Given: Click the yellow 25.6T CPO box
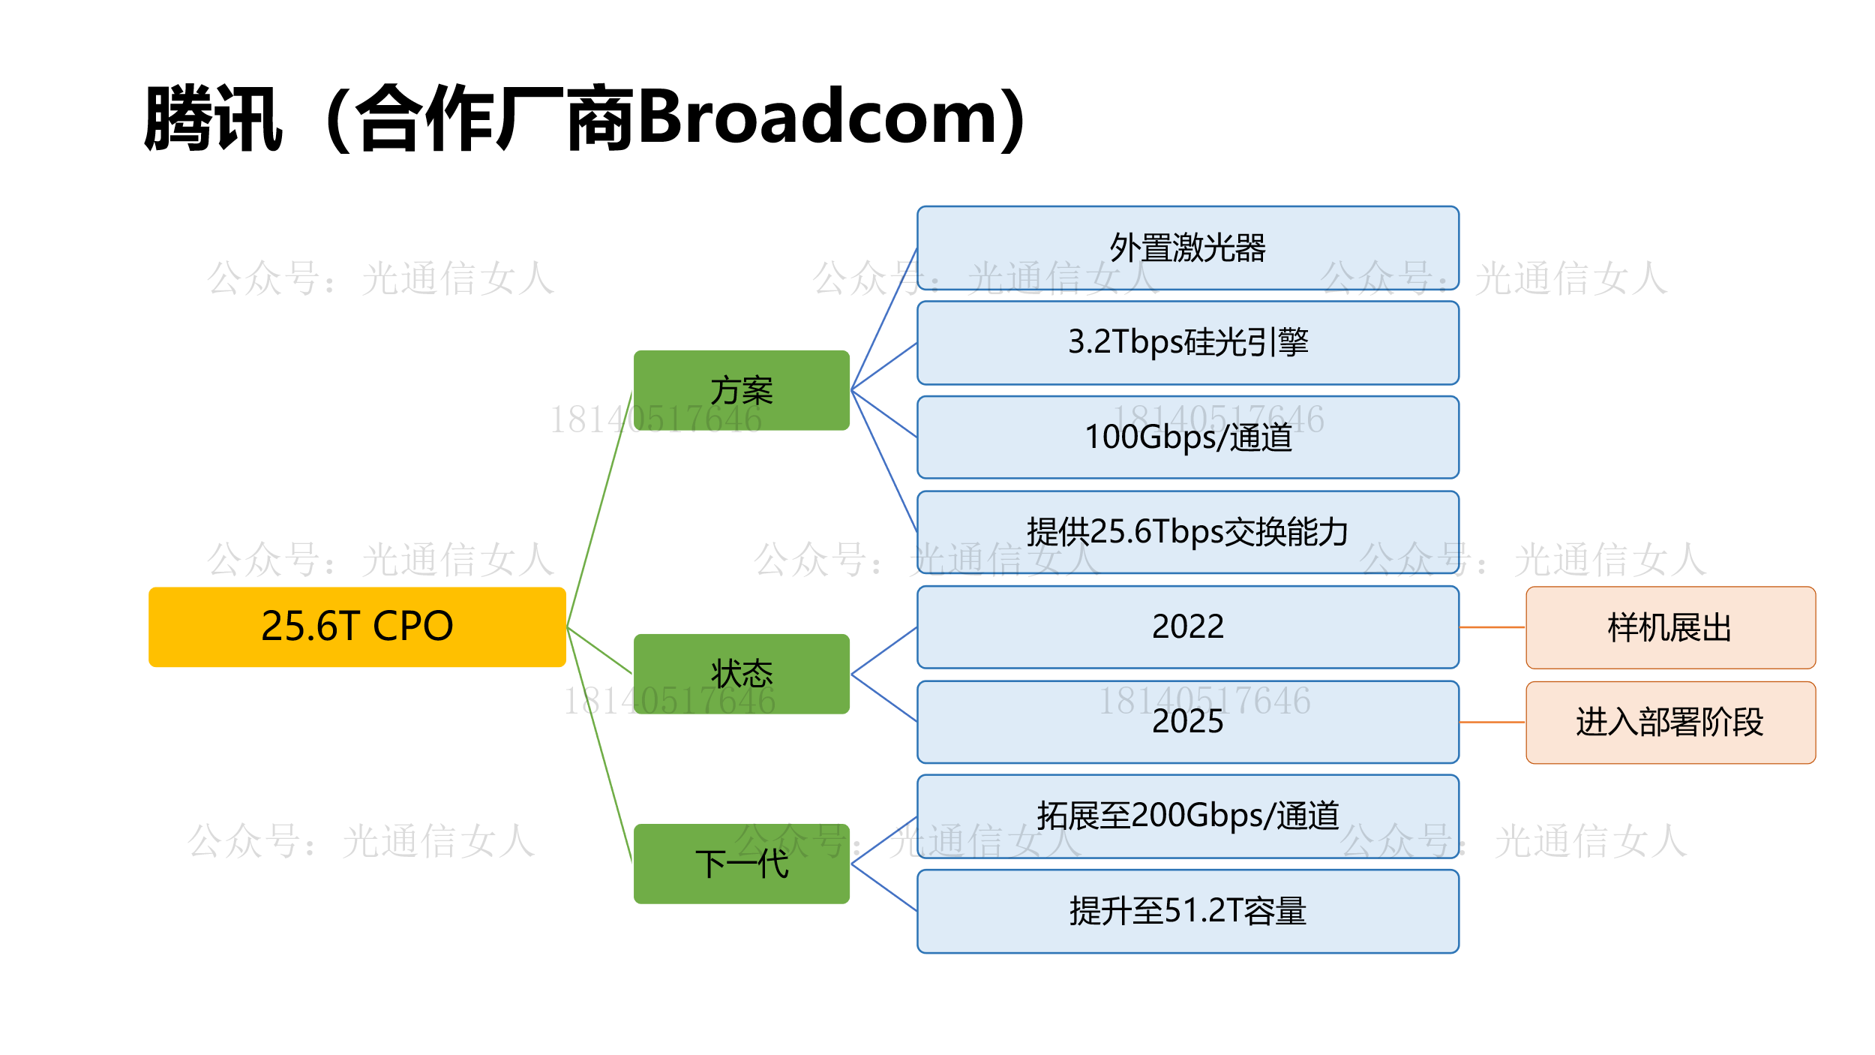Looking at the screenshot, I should tap(357, 627).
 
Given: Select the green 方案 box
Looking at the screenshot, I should tap(741, 390).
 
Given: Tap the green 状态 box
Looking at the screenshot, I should tap(741, 673).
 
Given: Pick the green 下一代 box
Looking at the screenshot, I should tap(741, 863).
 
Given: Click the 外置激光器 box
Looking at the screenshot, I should tap(1187, 248).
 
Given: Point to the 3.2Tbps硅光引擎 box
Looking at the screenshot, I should tap(1187, 342).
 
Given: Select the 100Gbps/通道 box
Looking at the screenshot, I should tap(1187, 437).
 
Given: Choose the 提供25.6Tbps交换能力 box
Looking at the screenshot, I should tap(1187, 531).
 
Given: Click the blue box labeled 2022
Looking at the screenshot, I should tap(1187, 627).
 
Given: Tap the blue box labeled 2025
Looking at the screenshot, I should tap(1187, 721).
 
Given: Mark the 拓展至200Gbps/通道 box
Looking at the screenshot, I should tap(1187, 816).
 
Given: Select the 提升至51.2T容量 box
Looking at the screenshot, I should tap(1187, 911).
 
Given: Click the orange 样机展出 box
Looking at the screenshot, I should tap(1670, 627).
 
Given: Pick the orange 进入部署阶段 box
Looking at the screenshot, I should tap(1670, 722).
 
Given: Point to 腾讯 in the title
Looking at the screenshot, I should tap(214, 119).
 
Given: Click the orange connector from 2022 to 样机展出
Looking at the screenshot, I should tap(1492, 627).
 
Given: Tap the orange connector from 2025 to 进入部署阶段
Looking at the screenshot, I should tap(1492, 722).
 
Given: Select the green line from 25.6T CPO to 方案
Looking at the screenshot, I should tap(600, 509).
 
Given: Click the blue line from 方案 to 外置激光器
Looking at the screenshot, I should tap(883, 320).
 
